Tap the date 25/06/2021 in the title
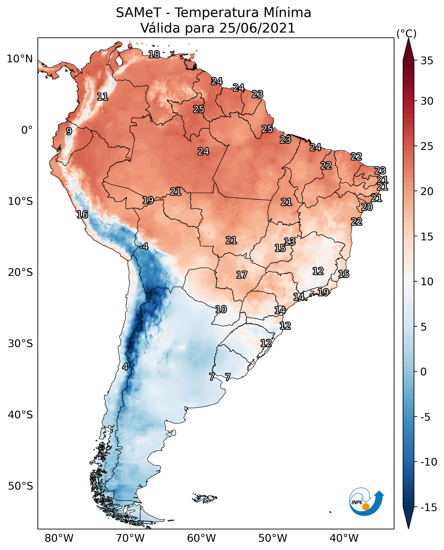[257, 28]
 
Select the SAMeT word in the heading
[138, 13]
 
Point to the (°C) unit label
[406, 33]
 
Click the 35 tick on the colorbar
[427, 61]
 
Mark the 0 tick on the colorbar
[424, 372]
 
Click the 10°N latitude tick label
[20, 59]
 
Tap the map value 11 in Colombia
[103, 97]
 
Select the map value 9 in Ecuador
[69, 131]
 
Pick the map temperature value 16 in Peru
[82, 214]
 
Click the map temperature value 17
[241, 275]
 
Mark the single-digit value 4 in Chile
[125, 367]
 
